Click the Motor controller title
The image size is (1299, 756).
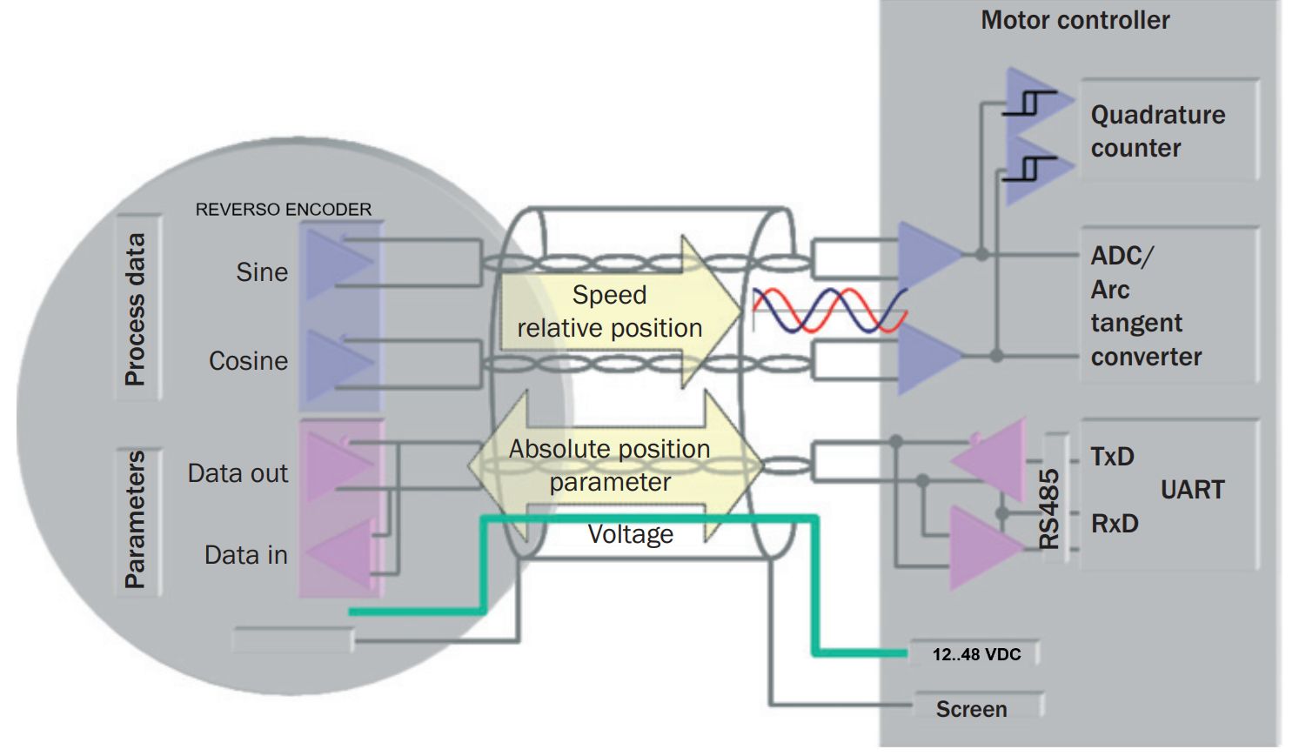[1075, 20]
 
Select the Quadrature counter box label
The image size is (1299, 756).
[1157, 131]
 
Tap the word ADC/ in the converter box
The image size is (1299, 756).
[1122, 256]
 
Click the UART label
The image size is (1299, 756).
[1192, 490]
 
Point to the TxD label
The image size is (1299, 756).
[1112, 457]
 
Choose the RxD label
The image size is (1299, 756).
[1115, 524]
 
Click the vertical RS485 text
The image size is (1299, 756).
[1049, 509]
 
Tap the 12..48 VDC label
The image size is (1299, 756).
[976, 654]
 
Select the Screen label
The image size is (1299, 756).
[971, 709]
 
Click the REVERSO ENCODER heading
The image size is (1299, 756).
[283, 210]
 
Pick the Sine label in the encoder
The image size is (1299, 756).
[262, 272]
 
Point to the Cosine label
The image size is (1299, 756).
[248, 361]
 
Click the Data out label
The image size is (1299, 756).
[238, 473]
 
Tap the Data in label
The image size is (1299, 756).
[245, 555]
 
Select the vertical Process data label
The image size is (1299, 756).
[136, 309]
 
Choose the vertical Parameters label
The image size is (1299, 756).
[136, 518]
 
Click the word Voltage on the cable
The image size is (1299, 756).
[630, 534]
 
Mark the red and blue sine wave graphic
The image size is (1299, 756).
[828, 311]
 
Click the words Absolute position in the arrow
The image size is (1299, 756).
[609, 449]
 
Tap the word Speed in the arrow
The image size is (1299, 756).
[609, 295]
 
